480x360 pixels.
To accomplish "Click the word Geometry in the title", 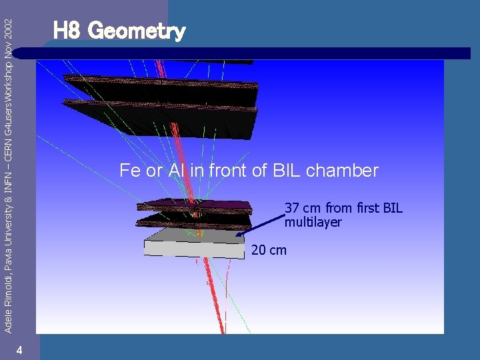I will pyautogui.click(x=137, y=31).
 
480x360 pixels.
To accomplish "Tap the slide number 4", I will pyautogui.click(x=21, y=351).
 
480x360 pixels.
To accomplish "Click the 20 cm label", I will pyautogui.click(x=269, y=250).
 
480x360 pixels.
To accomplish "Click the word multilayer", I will pyautogui.click(x=313, y=222).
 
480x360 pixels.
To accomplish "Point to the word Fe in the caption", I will pyautogui.click(x=129, y=171).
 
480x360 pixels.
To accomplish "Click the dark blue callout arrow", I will pyautogui.click(x=260, y=224).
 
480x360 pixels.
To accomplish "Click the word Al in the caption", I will pyautogui.click(x=176, y=171).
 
